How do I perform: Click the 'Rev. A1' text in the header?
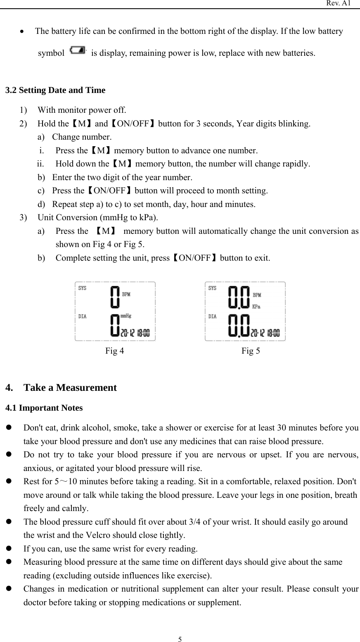click(339, 3)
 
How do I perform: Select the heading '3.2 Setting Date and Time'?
click(55, 90)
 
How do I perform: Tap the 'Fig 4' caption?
click(114, 351)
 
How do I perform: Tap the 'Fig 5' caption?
click(251, 351)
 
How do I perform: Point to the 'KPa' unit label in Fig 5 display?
click(256, 307)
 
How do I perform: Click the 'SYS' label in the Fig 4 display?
click(83, 288)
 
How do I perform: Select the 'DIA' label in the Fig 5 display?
click(212, 317)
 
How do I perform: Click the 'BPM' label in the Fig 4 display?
click(126, 295)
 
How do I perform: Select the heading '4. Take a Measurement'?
click(61, 388)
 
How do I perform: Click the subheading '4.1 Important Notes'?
click(44, 408)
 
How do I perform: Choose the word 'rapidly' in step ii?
click(296, 164)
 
